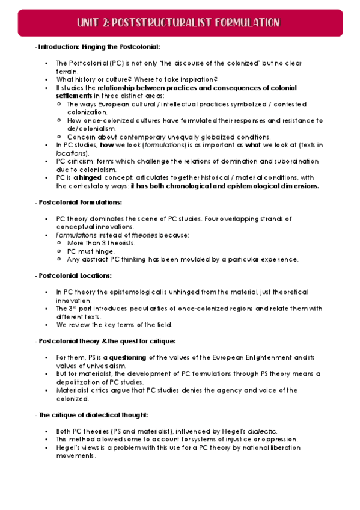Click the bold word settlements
[74, 96]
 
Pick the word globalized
[215, 137]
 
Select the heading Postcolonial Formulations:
[80, 202]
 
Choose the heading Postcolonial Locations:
[75, 275]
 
